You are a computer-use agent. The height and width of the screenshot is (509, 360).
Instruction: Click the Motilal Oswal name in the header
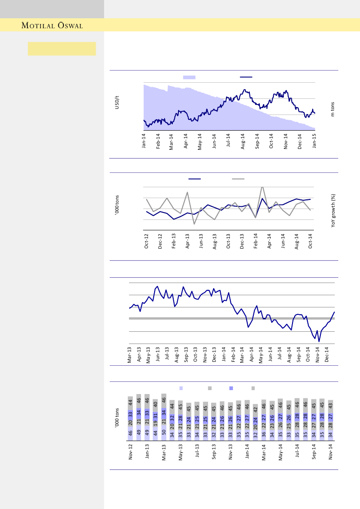(52, 26)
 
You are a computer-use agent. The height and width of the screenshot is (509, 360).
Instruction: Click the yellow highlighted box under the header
(62, 49)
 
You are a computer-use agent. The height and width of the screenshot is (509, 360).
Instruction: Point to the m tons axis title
(333, 108)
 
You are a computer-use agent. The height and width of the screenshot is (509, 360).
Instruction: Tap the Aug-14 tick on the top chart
(243, 142)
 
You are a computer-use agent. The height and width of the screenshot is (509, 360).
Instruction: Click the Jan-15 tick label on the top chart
(314, 142)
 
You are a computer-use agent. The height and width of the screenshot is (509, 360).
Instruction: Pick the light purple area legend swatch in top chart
(189, 77)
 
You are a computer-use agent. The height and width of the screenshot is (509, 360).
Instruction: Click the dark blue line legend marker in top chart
(246, 77)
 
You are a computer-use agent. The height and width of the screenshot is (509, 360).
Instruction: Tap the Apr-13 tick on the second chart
(188, 241)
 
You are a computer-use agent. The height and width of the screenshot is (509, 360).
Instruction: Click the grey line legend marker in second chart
(238, 179)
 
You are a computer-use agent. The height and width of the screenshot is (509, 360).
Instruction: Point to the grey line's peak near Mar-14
(262, 187)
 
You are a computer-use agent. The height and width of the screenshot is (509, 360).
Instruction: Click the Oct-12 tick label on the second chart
(147, 241)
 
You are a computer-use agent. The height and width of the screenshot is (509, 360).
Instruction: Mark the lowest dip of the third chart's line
(319, 342)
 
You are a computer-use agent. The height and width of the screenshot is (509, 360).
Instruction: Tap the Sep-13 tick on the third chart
(186, 354)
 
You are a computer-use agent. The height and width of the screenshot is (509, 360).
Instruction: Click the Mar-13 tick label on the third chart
(130, 354)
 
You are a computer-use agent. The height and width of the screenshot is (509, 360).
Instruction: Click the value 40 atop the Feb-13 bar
(155, 404)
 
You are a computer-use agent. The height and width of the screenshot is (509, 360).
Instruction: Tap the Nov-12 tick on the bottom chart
(130, 452)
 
